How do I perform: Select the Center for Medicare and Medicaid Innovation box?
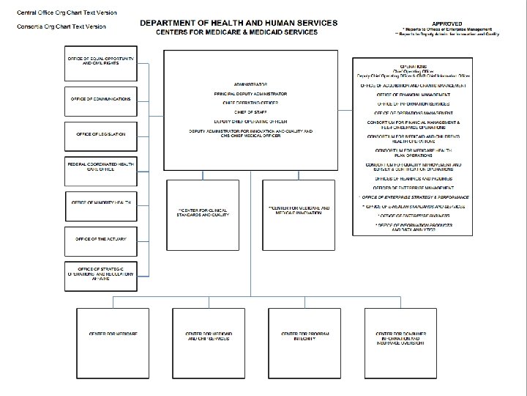299,210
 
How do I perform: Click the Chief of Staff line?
250,112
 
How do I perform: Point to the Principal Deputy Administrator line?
250,94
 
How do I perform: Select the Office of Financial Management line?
414,95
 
